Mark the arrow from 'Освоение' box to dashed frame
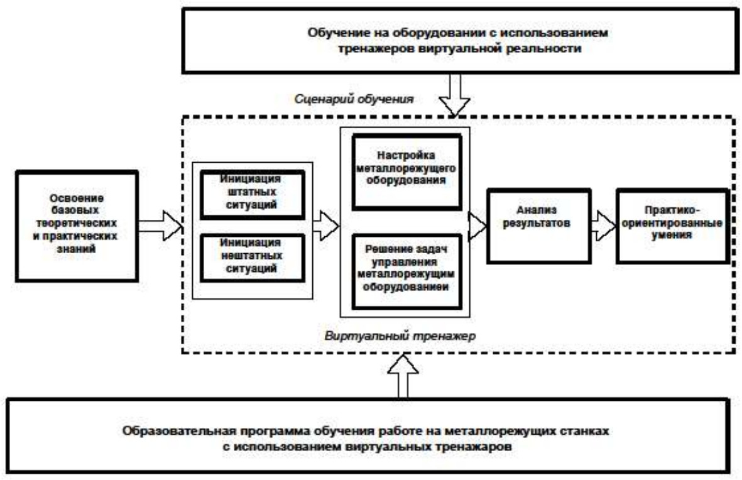[x=160, y=226]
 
